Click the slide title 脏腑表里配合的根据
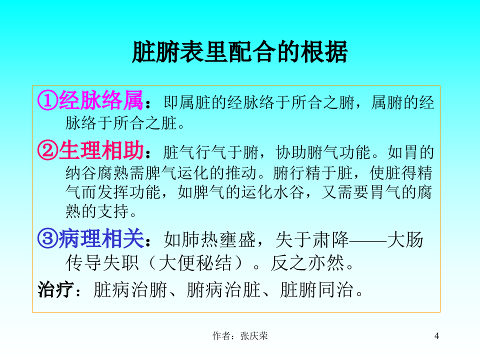click(x=239, y=51)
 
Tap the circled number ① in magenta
click(x=47, y=101)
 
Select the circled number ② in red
click(x=47, y=150)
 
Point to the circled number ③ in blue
click(x=47, y=240)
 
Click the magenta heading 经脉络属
click(x=101, y=101)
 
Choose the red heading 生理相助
click(x=101, y=150)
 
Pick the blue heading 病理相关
click(x=101, y=240)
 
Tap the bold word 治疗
click(x=55, y=289)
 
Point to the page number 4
click(x=436, y=336)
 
